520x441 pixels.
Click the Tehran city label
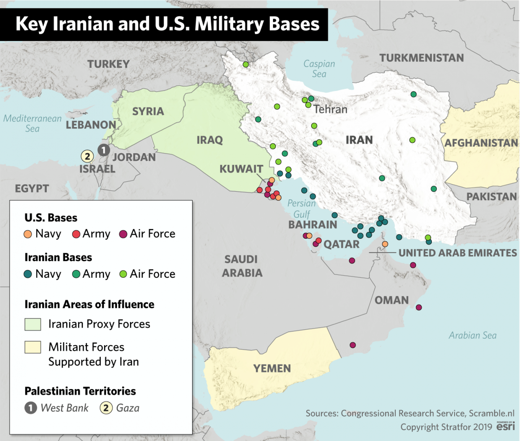click(330, 110)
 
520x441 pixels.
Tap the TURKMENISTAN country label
click(421, 58)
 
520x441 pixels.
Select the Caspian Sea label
click(319, 69)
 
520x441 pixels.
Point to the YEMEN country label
click(272, 368)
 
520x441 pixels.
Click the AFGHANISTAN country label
click(481, 143)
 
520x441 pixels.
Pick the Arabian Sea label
click(473, 335)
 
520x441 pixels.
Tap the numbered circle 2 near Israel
click(87, 156)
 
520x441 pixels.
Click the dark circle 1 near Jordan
click(104, 150)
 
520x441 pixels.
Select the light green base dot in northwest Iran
click(246, 64)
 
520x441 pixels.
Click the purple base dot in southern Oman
click(353, 345)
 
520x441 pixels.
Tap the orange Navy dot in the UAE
click(385, 244)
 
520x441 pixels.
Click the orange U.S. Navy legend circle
click(28, 234)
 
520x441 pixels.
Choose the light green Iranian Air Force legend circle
click(123, 274)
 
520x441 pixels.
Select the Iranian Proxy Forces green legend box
click(33, 324)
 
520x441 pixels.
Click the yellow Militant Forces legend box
click(33, 347)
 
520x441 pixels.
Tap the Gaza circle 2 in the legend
click(106, 408)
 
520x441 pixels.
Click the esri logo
click(506, 426)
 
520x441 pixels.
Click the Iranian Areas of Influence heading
click(89, 304)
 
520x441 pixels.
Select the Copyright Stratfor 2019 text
click(446, 427)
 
